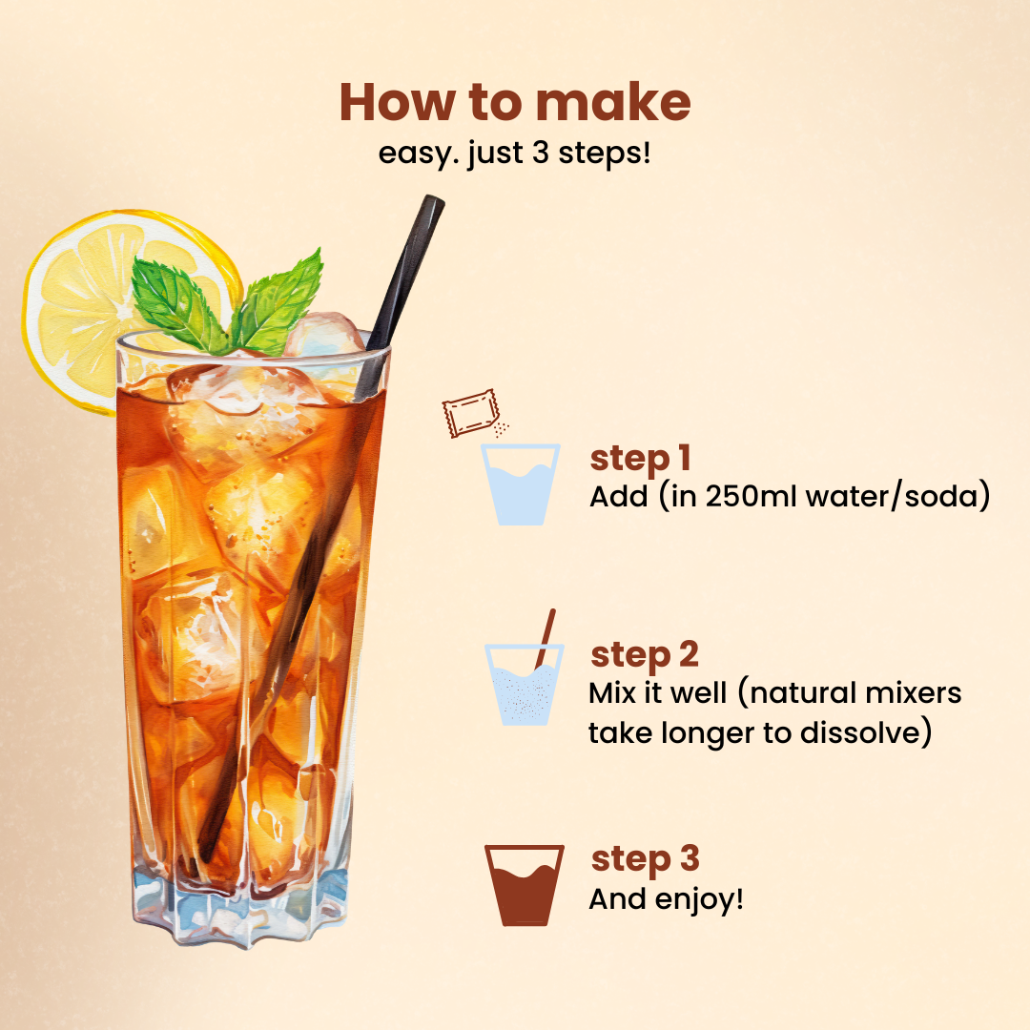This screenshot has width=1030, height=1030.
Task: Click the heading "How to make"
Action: [515, 103]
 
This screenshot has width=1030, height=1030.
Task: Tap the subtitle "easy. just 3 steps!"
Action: [515, 153]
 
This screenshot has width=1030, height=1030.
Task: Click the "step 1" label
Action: [640, 459]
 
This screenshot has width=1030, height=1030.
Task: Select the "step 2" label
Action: [644, 655]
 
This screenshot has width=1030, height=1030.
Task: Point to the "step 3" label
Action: [645, 858]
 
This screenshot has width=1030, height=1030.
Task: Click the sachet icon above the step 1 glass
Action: [470, 412]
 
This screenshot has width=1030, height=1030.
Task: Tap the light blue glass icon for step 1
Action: [518, 484]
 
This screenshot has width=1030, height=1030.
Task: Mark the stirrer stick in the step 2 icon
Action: [546, 635]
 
